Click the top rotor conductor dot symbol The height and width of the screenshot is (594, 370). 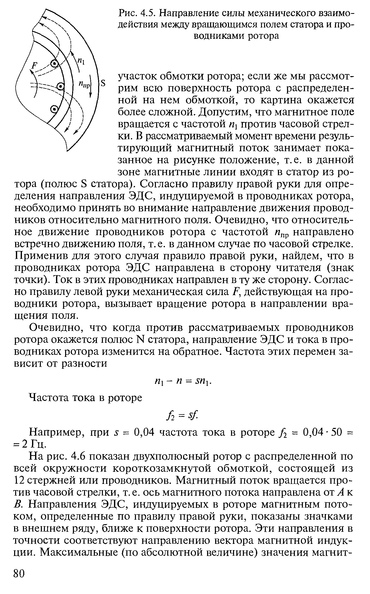[54, 63]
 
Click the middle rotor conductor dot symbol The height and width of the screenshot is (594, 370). [60, 87]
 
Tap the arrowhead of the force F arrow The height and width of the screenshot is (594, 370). [31, 72]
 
